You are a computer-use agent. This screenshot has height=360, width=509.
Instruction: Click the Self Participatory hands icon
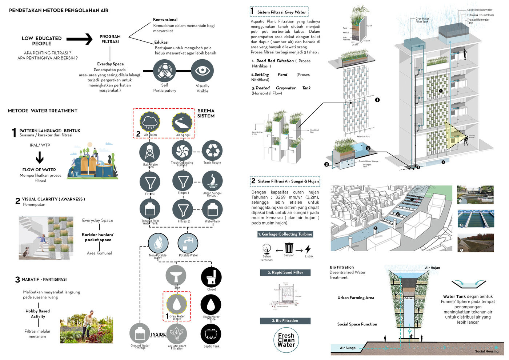pyautogui.click(x=165, y=71)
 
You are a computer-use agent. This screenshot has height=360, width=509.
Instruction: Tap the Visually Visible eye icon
pyautogui.click(x=202, y=71)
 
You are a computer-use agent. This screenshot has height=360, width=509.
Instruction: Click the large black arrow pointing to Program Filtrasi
pyautogui.click(x=79, y=39)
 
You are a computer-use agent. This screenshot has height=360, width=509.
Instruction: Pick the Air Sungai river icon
pyautogui.click(x=182, y=123)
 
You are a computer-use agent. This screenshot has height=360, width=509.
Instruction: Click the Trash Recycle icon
pyautogui.click(x=212, y=151)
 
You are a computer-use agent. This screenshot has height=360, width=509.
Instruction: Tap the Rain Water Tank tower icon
pyautogui.click(x=150, y=152)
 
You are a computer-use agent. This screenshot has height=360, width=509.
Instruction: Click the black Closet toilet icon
pyautogui.click(x=211, y=277)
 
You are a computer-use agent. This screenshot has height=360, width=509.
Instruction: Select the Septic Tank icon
pyautogui.click(x=211, y=334)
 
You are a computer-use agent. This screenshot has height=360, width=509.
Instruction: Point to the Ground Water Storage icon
pyautogui.click(x=140, y=333)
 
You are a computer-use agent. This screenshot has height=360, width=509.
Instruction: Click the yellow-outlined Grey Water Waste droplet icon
pyautogui.click(x=177, y=304)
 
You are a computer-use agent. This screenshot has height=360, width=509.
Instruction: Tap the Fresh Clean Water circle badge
pyautogui.click(x=286, y=340)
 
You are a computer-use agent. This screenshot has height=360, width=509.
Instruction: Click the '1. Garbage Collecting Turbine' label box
pyautogui.click(x=285, y=234)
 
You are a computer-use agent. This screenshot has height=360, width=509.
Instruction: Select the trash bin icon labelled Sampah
pyautogui.click(x=289, y=248)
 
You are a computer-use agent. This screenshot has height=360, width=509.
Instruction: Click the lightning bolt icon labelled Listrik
pyautogui.click(x=308, y=249)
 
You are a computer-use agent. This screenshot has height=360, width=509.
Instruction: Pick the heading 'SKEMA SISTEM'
pyautogui.click(x=206, y=113)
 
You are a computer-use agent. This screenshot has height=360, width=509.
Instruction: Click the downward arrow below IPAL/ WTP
pyautogui.click(x=40, y=157)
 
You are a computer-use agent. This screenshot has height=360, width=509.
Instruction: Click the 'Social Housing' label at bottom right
pyautogui.click(x=486, y=351)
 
